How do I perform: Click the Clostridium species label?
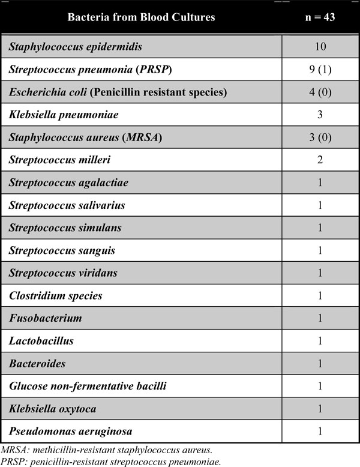point(55,295)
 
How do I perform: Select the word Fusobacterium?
point(45,318)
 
